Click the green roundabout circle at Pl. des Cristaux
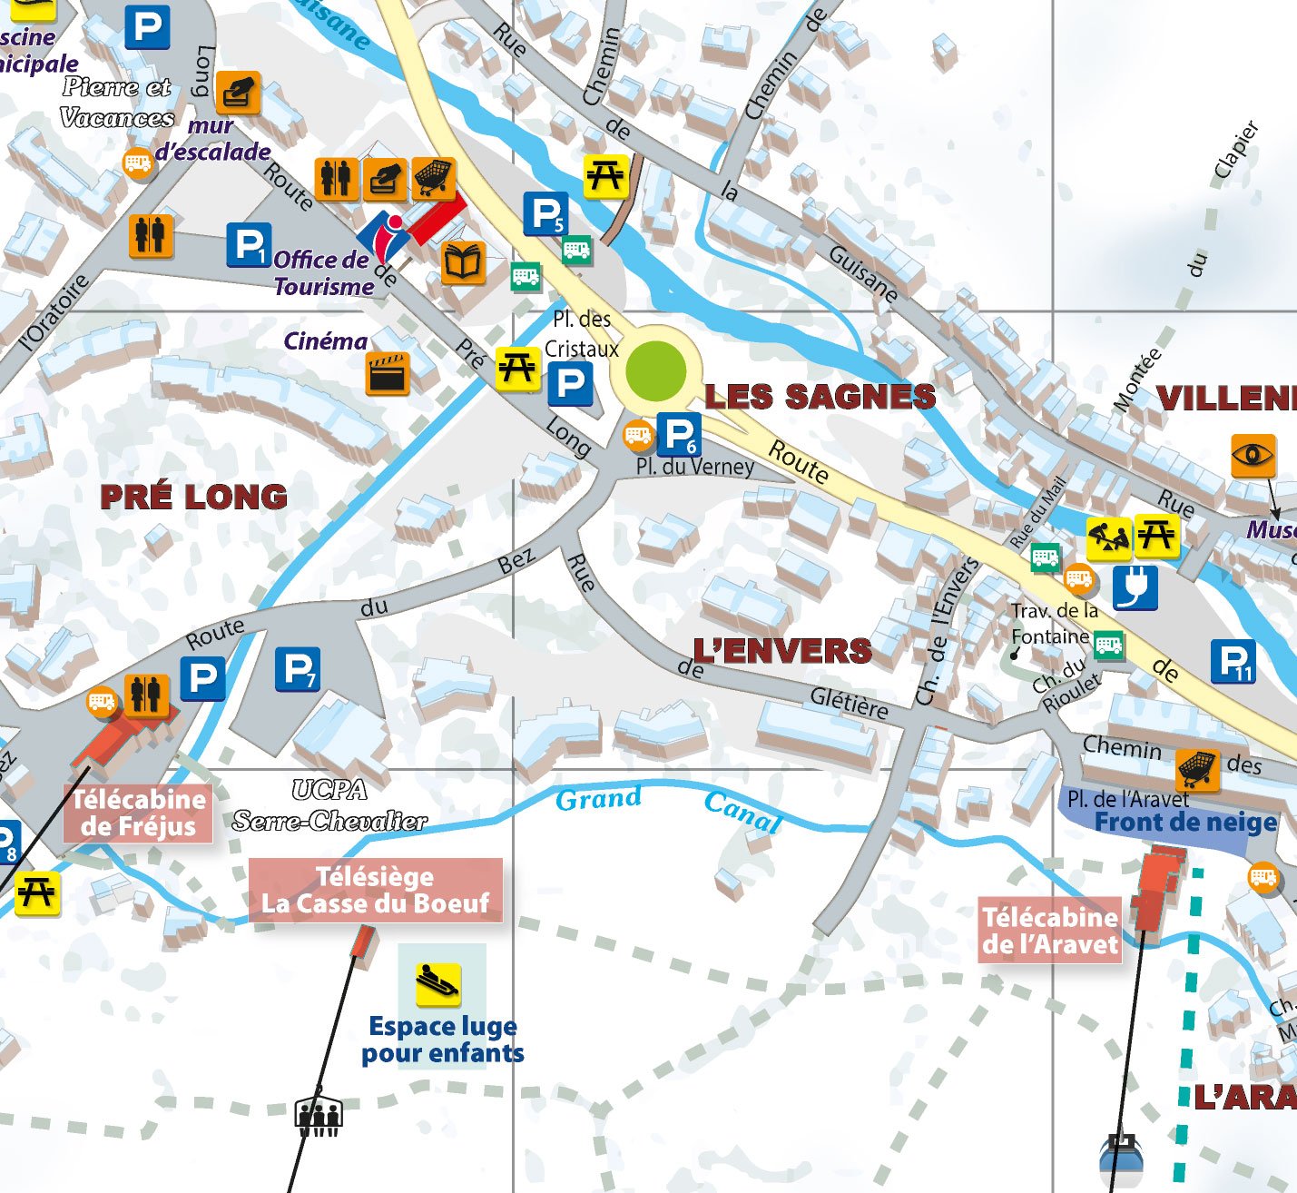tap(655, 370)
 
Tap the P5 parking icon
tap(545, 215)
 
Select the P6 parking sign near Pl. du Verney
tap(679, 435)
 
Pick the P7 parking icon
tap(298, 670)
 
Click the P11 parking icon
tap(1233, 661)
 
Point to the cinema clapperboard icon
tap(388, 373)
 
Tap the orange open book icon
tap(463, 263)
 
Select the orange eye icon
tap(1253, 455)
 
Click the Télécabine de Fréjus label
tap(138, 813)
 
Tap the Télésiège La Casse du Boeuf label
tap(375, 891)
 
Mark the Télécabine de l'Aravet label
tap(1050, 931)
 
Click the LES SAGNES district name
tap(820, 397)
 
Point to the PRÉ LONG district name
tap(193, 497)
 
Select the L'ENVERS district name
tap(782, 651)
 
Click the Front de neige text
tap(1185, 823)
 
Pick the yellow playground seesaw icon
tap(1108, 538)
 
